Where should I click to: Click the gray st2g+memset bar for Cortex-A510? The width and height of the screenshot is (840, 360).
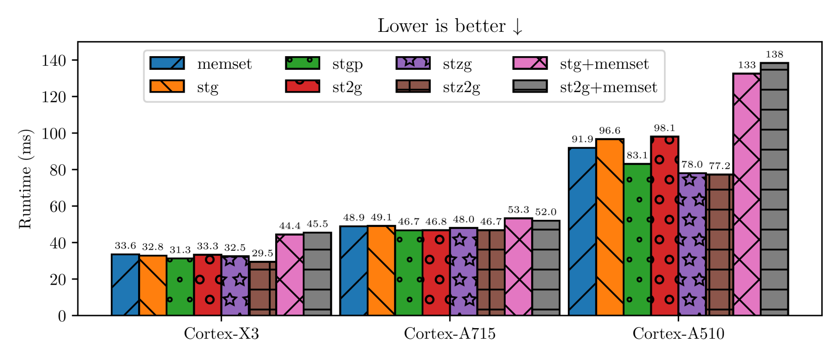774,189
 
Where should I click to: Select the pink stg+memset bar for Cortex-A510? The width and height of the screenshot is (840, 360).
746,194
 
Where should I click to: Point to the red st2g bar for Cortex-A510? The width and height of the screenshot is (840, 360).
664,226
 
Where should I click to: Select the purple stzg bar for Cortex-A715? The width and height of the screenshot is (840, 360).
464,272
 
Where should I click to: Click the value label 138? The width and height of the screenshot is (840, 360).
774,55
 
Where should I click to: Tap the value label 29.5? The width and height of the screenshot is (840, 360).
262,253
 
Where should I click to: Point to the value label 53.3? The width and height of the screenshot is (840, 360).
518,210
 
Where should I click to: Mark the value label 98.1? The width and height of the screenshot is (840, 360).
664,128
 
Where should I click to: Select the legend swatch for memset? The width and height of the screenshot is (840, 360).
167,63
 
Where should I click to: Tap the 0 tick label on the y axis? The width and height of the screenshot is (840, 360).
62,316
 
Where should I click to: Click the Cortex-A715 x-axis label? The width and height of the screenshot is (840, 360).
450,334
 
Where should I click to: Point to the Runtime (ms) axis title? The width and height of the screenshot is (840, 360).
25,179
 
